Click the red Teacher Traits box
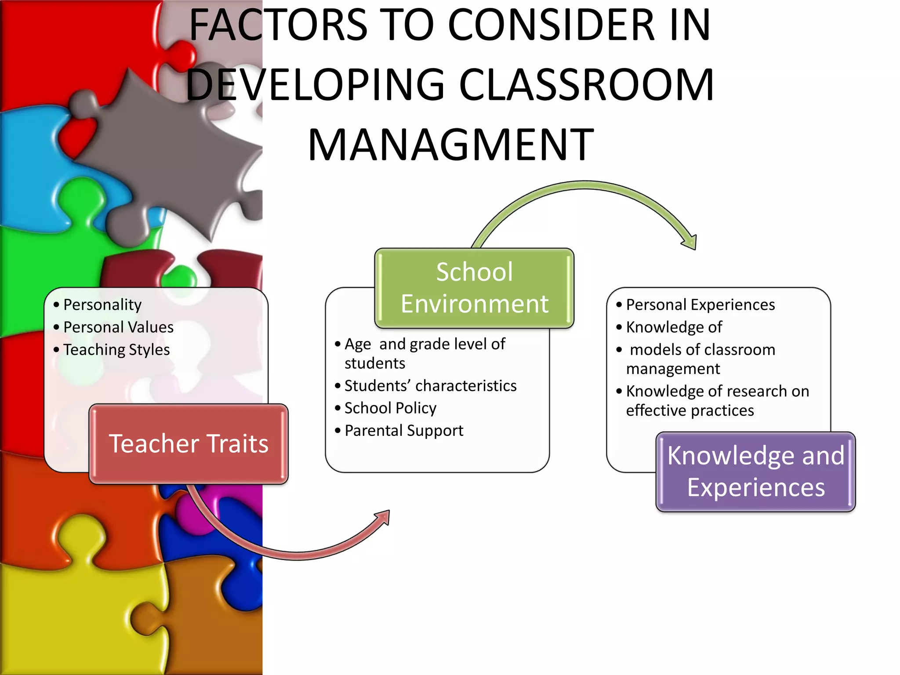189,444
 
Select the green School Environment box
474,288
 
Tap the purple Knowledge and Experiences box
755,472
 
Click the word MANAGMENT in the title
451,145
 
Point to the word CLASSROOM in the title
586,85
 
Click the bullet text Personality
102,305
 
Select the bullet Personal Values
118,327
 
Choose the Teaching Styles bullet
116,350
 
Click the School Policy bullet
390,408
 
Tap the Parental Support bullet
404,431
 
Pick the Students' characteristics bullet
430,386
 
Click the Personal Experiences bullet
700,305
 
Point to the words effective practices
690,410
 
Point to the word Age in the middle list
358,345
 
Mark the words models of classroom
702,350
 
